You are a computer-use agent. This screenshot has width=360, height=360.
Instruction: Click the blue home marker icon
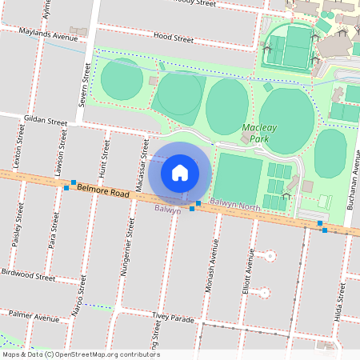point(180,173)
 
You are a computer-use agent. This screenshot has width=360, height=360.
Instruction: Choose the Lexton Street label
point(14,159)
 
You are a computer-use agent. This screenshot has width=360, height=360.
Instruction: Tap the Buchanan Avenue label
point(350,185)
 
